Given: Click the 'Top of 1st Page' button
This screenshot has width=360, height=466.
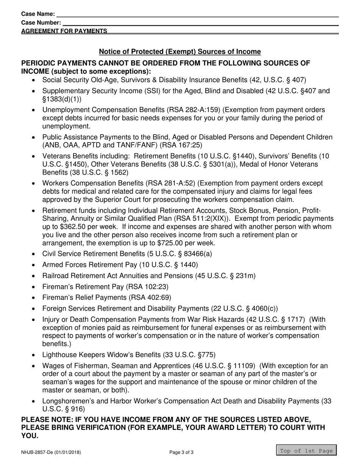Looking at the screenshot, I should tap(306, 451).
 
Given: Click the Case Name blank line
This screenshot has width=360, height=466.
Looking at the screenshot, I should tap(197, 14).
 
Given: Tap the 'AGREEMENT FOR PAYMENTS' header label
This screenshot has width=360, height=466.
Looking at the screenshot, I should tap(64, 31).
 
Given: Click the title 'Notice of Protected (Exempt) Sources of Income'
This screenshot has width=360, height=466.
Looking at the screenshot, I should tap(180, 52).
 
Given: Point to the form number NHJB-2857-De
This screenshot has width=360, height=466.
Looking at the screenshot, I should tap(51, 452).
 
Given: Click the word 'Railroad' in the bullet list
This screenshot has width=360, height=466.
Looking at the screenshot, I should tap(55, 276).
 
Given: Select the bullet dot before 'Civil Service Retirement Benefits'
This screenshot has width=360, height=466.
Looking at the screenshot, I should tap(34, 254).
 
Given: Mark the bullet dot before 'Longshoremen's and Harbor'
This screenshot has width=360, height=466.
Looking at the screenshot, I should tap(34, 401).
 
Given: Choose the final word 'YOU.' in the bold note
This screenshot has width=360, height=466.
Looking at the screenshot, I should tap(30, 436).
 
